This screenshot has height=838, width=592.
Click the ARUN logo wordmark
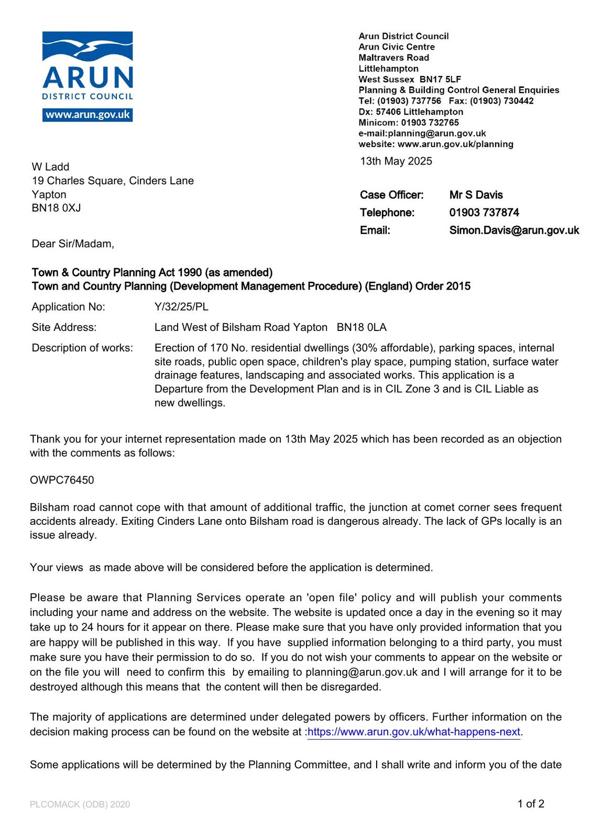coord(87,78)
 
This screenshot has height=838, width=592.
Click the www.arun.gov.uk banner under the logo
coord(87,115)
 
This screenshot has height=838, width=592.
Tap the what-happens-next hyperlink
coord(414,732)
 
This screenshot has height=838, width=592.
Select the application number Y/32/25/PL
coord(181,307)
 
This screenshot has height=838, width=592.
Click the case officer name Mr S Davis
coord(476,195)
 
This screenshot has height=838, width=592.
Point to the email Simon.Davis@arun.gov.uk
coord(514,230)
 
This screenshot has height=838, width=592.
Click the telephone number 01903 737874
coord(484,213)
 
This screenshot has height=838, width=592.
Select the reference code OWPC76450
coord(62,480)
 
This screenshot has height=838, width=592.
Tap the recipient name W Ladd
coord(50,167)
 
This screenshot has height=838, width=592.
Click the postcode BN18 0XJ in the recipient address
coord(56,208)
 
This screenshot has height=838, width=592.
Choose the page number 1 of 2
coord(531,804)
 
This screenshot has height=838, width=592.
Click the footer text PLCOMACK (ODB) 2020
coord(80,804)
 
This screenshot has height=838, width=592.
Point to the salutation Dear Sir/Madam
coord(72,244)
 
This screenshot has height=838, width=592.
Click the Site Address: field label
coord(64,328)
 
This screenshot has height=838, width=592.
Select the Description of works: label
coord(82,348)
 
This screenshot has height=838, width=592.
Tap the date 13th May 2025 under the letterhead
coord(396,161)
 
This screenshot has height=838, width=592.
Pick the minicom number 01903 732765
coord(430,123)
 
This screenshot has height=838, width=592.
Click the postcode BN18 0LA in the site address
coord(361,328)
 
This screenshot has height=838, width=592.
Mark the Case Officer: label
coord(391,195)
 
